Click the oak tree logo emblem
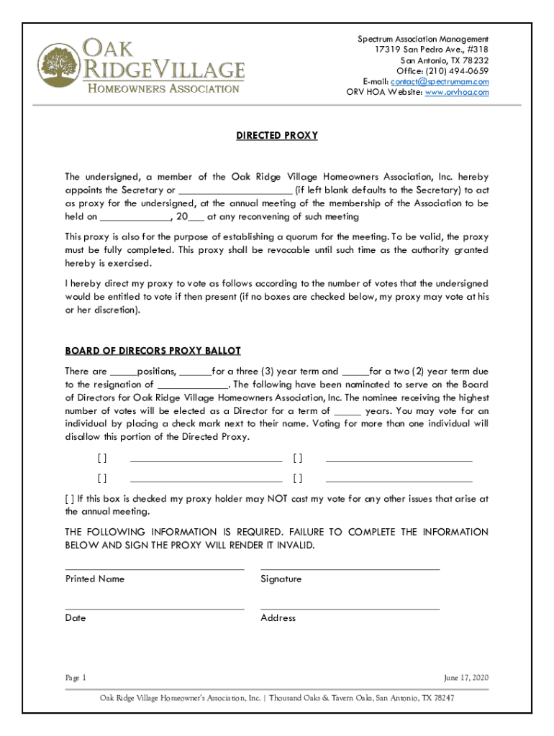point(60,66)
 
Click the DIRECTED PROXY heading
point(277,135)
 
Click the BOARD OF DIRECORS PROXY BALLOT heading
point(153,351)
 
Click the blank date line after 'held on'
point(135,217)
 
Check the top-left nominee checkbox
point(102,459)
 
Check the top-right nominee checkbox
point(297,459)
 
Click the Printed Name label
point(94,579)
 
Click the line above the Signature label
point(350,569)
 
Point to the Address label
point(278,618)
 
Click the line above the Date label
point(154,609)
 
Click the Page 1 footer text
point(76,678)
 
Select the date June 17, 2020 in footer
point(466,678)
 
